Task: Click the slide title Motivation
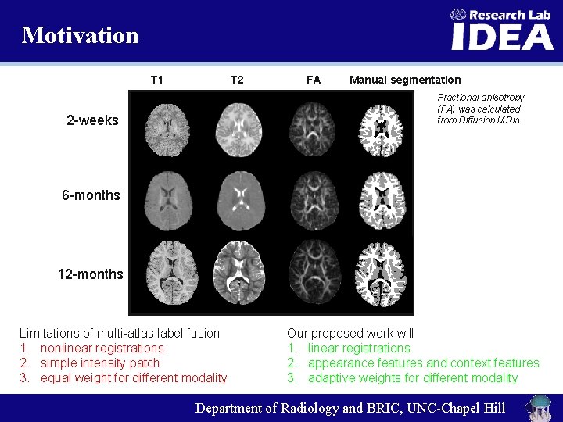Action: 81,35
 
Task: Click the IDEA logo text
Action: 502,37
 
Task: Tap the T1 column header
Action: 157,80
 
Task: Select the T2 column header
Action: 237,80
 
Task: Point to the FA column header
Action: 314,80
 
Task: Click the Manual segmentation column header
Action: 405,80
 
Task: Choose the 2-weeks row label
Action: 92,120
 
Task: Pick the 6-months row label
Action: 91,195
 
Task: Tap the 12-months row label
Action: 90,274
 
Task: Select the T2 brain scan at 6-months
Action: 240,198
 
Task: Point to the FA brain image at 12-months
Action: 313,275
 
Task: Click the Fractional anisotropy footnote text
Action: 480,109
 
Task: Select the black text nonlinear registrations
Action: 102,348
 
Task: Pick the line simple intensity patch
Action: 99,363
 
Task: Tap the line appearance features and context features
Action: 423,363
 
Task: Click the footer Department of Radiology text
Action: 350,408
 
